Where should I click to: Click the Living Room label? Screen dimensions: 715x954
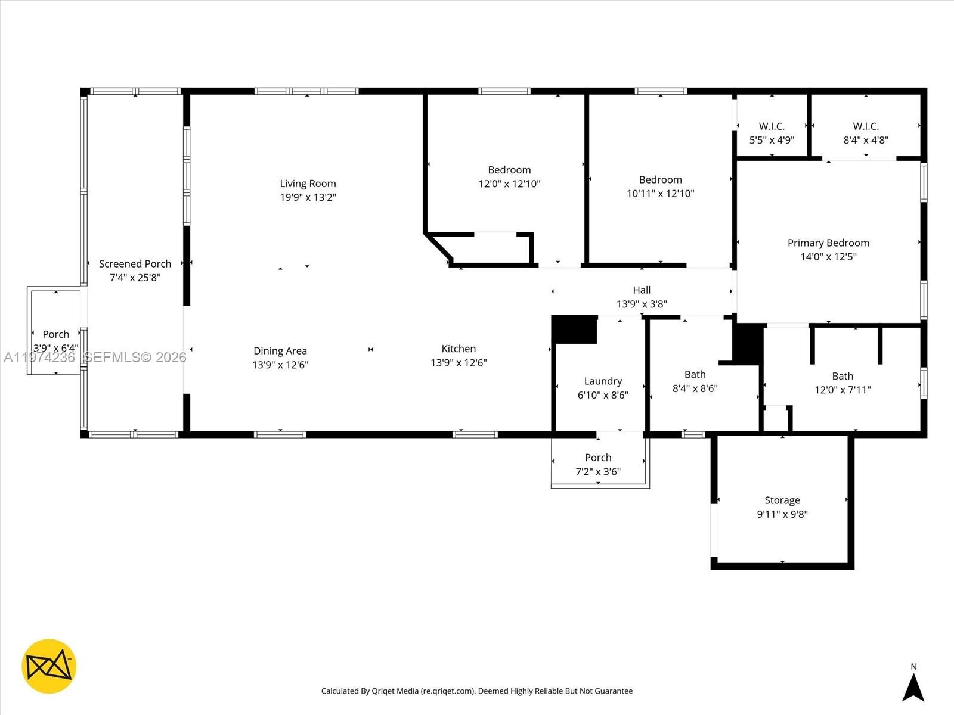tap(308, 184)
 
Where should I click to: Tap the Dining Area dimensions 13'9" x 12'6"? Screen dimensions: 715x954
tap(280, 365)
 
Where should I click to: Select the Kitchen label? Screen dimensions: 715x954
tap(459, 349)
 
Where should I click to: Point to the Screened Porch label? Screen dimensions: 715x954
tap(135, 263)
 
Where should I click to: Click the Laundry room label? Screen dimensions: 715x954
tap(603, 381)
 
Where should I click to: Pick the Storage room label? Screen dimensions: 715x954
tap(782, 500)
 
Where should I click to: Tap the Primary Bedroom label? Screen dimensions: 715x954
tap(828, 243)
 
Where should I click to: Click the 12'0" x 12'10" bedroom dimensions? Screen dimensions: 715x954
tap(509, 184)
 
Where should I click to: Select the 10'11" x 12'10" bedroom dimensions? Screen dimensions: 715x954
tap(660, 194)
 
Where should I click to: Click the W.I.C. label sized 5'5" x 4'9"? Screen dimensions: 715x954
tap(772, 126)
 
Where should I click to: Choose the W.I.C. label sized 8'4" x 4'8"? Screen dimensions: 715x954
tap(866, 126)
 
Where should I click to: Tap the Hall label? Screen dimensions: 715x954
tap(642, 290)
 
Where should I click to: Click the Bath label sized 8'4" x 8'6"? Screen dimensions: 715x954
tap(695, 374)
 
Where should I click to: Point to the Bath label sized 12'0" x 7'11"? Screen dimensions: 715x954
tap(843, 376)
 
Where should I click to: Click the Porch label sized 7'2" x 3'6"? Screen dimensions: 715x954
tap(598, 458)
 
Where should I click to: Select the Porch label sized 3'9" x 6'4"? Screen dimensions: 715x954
tap(55, 334)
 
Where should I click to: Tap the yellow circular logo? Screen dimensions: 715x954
tap(49, 666)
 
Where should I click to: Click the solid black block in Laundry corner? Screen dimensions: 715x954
tap(574, 329)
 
